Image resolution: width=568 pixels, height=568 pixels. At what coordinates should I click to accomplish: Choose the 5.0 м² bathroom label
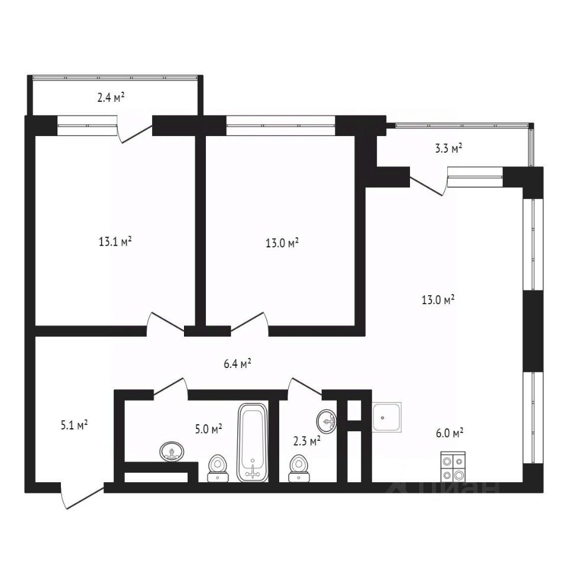click(208, 428)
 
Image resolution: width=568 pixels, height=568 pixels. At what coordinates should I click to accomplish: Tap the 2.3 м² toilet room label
click(306, 440)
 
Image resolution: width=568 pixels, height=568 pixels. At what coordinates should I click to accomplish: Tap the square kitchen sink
click(387, 416)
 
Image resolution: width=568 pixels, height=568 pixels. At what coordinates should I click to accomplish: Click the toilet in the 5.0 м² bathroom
click(218, 467)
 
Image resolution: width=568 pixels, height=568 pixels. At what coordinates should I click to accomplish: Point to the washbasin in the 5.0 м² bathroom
click(172, 452)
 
